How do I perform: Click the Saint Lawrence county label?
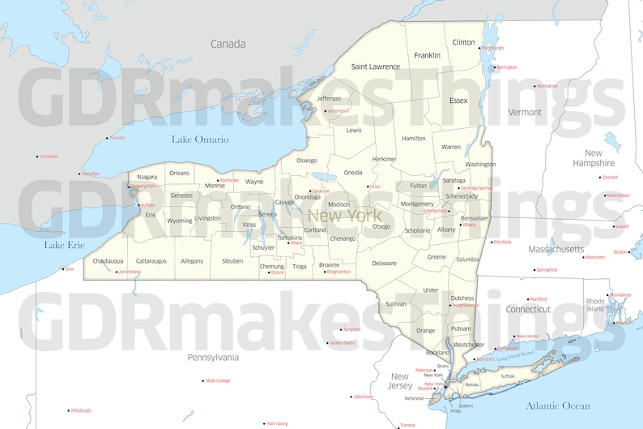(x=375, y=66)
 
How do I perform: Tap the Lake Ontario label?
(x=200, y=139)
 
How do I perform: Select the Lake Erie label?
(x=65, y=244)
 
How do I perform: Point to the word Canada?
(x=228, y=44)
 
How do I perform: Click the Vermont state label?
(x=524, y=112)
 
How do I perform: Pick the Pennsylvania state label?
(x=213, y=357)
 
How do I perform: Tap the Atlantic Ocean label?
(x=558, y=405)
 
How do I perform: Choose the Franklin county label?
(x=427, y=55)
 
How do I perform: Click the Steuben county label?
(x=232, y=261)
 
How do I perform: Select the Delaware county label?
(x=384, y=263)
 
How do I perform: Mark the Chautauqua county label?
(x=108, y=261)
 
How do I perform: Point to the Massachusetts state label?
(x=556, y=249)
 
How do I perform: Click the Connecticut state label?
(x=528, y=309)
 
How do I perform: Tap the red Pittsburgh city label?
(x=81, y=410)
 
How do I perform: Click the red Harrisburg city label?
(x=277, y=423)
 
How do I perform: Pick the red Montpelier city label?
(x=547, y=86)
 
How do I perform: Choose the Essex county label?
(x=458, y=101)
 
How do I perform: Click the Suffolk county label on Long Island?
(x=508, y=376)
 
